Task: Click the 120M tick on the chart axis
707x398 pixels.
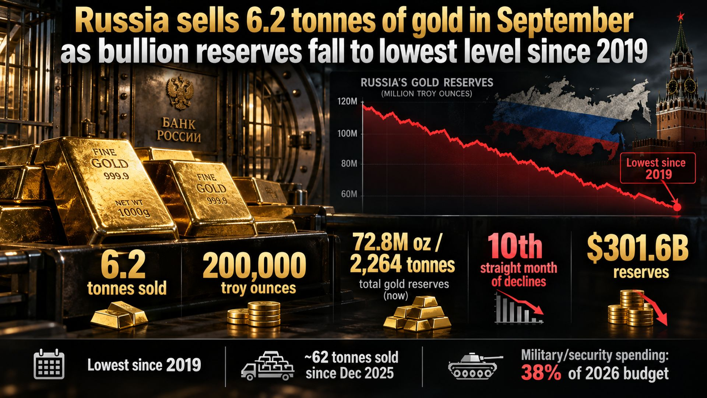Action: (348, 102)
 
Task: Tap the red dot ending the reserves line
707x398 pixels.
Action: (677, 207)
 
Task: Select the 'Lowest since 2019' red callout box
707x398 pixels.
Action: (658, 168)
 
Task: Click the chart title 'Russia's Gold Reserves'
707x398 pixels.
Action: (427, 82)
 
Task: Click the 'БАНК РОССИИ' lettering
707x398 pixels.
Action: (179, 130)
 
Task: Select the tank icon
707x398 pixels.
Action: (475, 366)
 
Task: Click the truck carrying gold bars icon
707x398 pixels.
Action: (267, 366)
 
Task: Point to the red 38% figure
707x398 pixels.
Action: (541, 374)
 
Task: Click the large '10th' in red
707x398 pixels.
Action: (515, 246)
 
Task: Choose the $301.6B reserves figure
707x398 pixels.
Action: (638, 249)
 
